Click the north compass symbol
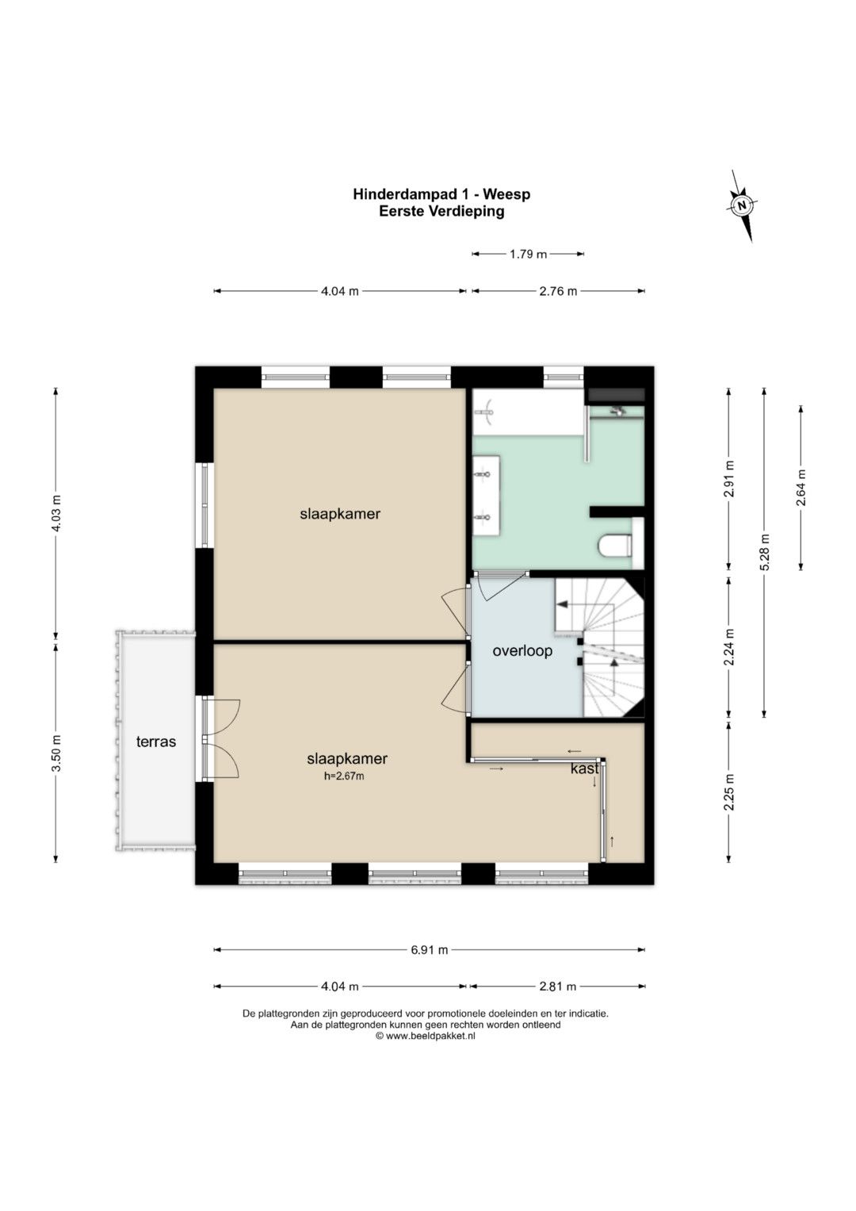pyautogui.click(x=742, y=205)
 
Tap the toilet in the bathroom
pyautogui.click(x=616, y=546)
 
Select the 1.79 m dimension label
pyautogui.click(x=528, y=254)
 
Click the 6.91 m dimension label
pyautogui.click(x=429, y=950)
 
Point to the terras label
pyautogui.click(x=155, y=742)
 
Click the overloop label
pyautogui.click(x=522, y=650)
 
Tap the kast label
pyautogui.click(x=584, y=768)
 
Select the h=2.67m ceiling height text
pyautogui.click(x=344, y=776)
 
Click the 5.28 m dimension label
pyautogui.click(x=764, y=552)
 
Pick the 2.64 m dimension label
pyautogui.click(x=801, y=487)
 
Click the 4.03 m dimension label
pyautogui.click(x=56, y=512)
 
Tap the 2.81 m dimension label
pyautogui.click(x=558, y=987)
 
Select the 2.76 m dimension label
pyautogui.click(x=558, y=291)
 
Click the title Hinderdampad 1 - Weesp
pyautogui.click(x=441, y=194)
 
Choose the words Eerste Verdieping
pyautogui.click(x=441, y=212)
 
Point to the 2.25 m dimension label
pyautogui.click(x=729, y=792)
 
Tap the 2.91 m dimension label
pyautogui.click(x=729, y=478)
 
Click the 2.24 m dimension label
pyautogui.click(x=729, y=646)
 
